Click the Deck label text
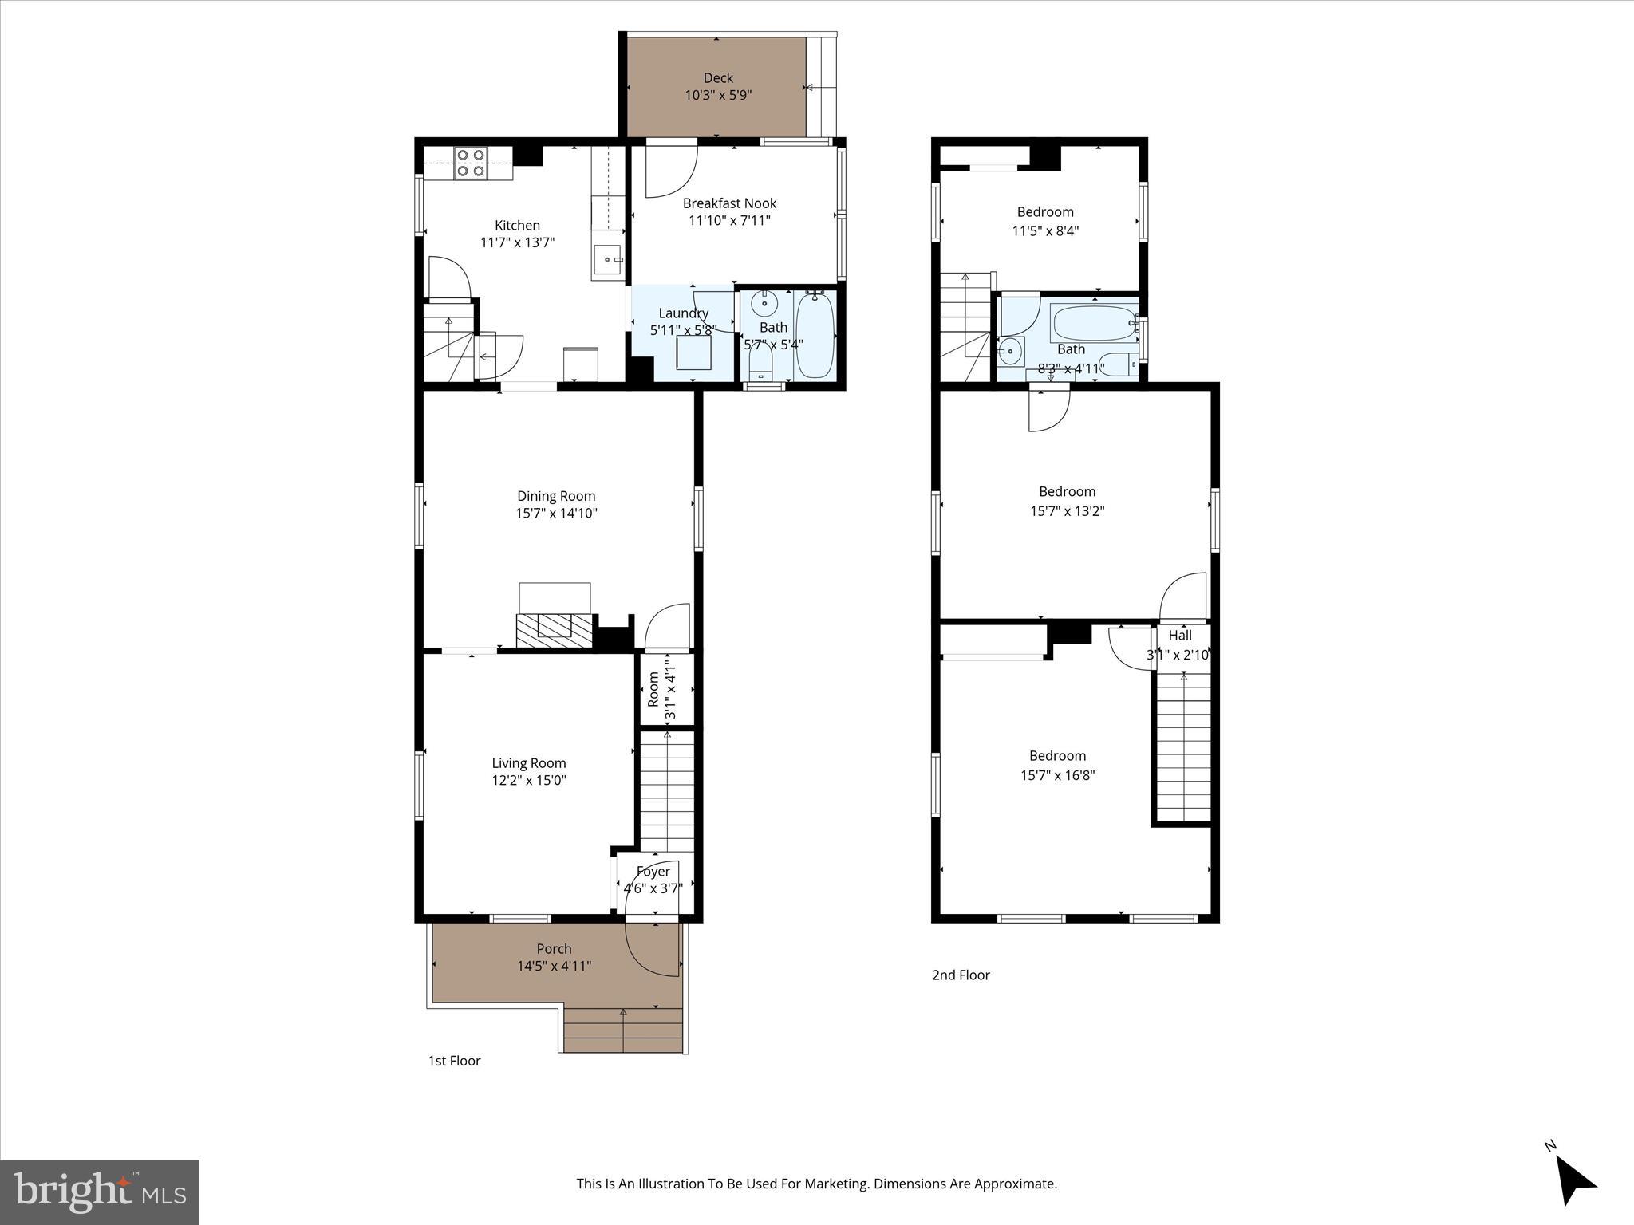pos(718,78)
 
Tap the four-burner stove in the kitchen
pos(471,163)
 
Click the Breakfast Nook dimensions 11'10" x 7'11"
pos(729,221)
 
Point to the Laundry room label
pos(683,313)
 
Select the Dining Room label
pos(556,496)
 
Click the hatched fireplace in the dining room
pos(555,629)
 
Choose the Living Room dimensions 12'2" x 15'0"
pos(529,781)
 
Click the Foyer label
pos(653,872)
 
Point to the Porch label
pos(554,949)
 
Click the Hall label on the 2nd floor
pos(1180,636)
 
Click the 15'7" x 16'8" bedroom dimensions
pos(1057,775)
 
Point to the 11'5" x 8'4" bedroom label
pos(1045,212)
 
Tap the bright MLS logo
pos(100,1192)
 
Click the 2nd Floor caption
pos(961,975)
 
